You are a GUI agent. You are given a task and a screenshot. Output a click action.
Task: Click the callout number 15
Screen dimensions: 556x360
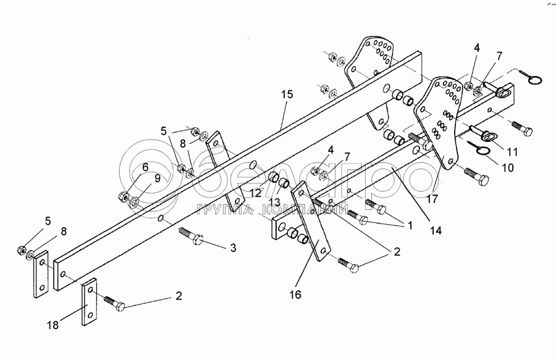point(287,94)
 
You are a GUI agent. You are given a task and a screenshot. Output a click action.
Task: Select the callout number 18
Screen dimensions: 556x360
point(53,325)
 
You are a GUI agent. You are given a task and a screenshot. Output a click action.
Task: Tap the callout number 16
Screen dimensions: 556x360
point(295,295)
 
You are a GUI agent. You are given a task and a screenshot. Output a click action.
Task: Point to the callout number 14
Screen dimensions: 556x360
point(436,230)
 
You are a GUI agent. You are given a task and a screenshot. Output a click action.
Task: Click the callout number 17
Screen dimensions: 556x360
point(432,199)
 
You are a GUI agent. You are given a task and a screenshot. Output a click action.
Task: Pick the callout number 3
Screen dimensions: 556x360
point(233,248)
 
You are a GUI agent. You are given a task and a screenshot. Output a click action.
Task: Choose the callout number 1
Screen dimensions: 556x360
point(410,225)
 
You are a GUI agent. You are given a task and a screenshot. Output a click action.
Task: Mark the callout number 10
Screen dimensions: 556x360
point(508,167)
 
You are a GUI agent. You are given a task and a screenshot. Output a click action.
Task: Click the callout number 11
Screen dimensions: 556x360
point(512,152)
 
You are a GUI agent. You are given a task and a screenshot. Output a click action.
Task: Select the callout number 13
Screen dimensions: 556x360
point(274,203)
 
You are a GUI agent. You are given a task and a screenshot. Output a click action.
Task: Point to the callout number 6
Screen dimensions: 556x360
point(145,167)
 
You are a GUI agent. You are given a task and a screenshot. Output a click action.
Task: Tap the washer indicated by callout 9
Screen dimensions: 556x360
point(135,203)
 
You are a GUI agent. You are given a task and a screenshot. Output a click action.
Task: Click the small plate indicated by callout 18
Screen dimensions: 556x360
point(90,301)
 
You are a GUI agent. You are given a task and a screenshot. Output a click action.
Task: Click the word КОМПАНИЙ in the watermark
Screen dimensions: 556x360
point(303,210)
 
